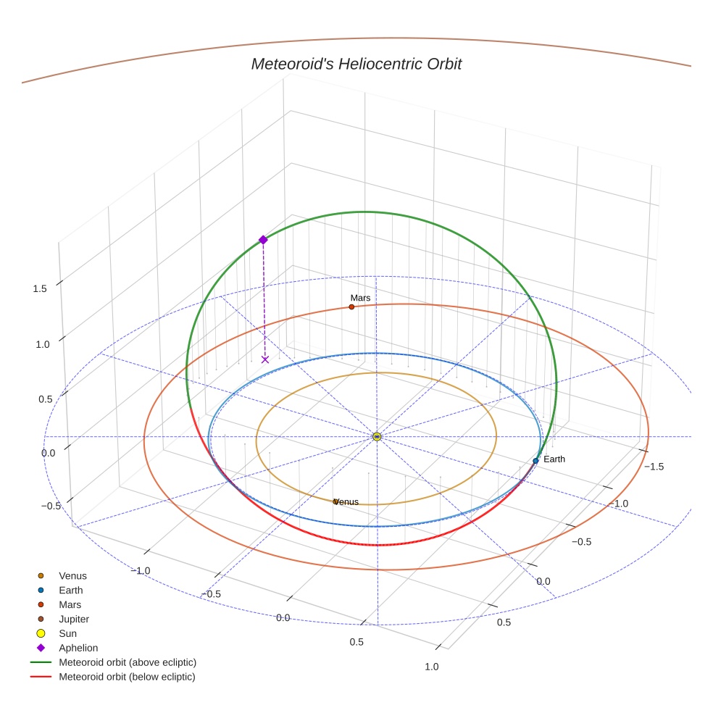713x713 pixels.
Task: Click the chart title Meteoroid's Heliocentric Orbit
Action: coord(356,64)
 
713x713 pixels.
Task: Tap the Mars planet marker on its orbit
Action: coord(351,307)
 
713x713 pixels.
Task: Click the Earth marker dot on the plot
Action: coord(535,461)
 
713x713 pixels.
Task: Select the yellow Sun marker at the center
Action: coord(377,436)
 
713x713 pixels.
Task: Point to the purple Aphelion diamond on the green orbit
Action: coord(263,240)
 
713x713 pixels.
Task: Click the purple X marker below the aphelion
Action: coord(265,359)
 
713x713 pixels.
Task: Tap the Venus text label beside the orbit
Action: coord(346,501)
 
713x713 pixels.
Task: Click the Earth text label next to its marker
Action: coord(554,459)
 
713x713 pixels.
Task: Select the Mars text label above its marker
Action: coord(360,298)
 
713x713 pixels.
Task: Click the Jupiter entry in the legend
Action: coord(74,619)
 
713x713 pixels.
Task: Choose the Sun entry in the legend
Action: coord(67,633)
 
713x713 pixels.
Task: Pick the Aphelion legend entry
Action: coord(78,648)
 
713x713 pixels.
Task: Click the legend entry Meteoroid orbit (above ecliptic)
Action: coord(128,662)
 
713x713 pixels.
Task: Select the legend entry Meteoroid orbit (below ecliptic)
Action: coord(127,677)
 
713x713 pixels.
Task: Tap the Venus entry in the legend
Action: coord(72,575)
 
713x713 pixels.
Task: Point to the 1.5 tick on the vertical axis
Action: coord(40,288)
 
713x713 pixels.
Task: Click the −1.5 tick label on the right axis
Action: coord(654,466)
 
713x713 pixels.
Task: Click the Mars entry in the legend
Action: coord(70,604)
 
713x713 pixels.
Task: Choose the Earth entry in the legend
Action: coord(70,590)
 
